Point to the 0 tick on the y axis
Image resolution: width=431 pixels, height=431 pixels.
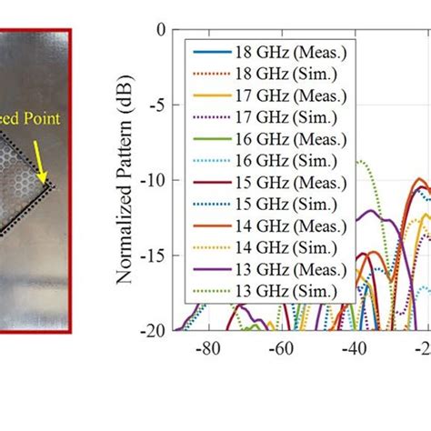pos(160,30)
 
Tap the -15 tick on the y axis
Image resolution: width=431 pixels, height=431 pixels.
pos(153,256)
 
